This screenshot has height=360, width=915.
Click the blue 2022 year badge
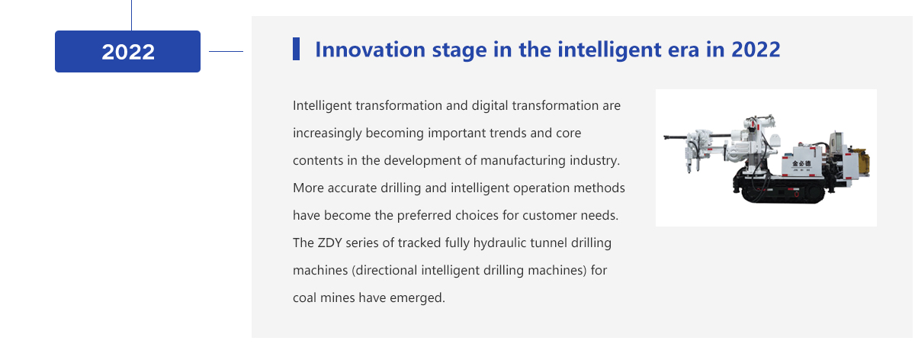tap(127, 52)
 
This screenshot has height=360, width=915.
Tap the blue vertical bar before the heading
tap(296, 49)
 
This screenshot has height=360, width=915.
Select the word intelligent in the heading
tap(609, 50)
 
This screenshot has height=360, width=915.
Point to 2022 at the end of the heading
tap(756, 50)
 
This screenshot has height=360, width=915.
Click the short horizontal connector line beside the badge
tap(226, 52)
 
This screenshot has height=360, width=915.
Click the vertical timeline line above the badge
tap(131, 15)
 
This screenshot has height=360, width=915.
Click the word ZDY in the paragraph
tap(329, 243)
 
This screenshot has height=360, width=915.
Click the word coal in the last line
tap(305, 297)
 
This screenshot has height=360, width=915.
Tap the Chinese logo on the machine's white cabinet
tap(801, 164)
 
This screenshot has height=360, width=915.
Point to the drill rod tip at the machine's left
tap(665, 138)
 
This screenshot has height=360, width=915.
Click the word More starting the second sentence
tap(308, 188)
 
